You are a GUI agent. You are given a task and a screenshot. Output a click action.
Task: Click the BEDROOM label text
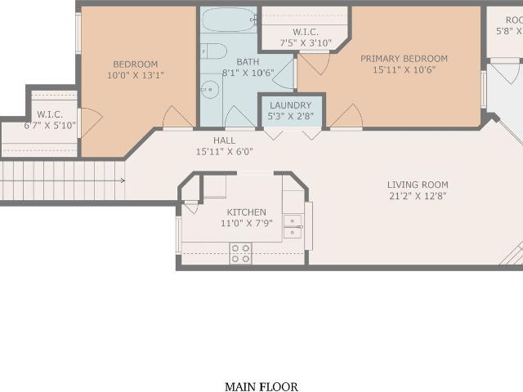pyautogui.click(x=135, y=65)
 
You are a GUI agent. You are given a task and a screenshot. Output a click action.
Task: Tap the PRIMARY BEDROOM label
pyautogui.click(x=405, y=59)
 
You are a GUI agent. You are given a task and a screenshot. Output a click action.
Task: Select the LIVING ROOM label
pyautogui.click(x=418, y=185)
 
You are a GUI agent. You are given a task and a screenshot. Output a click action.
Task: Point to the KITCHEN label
pyautogui.click(x=247, y=212)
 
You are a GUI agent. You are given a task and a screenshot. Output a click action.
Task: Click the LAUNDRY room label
pyautogui.click(x=289, y=105)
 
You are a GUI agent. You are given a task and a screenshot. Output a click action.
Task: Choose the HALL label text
pyautogui.click(x=224, y=140)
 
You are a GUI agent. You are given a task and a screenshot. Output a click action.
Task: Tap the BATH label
pyautogui.click(x=248, y=62)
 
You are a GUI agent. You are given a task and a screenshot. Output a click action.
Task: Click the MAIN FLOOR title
pyautogui.click(x=261, y=386)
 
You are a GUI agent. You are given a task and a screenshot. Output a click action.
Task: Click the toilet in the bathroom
pyautogui.click(x=214, y=51)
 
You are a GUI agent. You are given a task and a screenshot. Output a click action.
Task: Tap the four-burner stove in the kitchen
pyautogui.click(x=240, y=253)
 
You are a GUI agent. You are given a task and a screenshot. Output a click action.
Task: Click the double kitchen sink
pyautogui.click(x=293, y=226)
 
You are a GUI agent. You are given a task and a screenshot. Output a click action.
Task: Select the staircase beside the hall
pyautogui.click(x=61, y=180)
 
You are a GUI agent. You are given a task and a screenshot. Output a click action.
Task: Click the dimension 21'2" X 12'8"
pyautogui.click(x=418, y=196)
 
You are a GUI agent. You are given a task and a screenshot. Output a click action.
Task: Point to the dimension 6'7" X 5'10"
pyautogui.click(x=50, y=126)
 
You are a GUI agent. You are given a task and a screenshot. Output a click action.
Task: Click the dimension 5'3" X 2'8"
pyautogui.click(x=289, y=117)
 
